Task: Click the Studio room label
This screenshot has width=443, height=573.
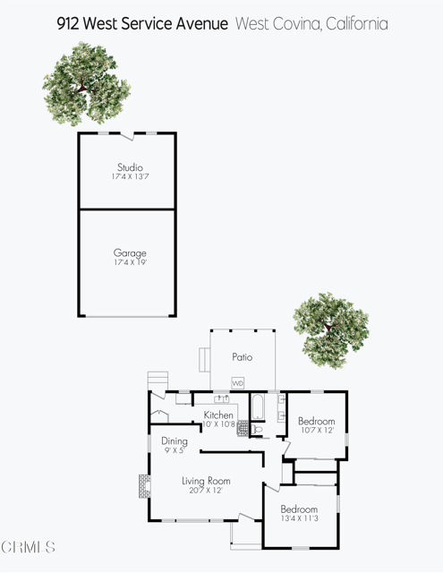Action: tap(130, 167)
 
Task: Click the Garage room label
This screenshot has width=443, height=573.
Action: tap(130, 253)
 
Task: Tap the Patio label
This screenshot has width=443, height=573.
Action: tap(242, 357)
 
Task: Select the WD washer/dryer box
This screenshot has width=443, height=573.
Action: tap(238, 383)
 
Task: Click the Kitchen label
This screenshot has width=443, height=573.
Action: tap(218, 415)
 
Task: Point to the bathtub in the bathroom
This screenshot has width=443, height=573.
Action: tap(257, 408)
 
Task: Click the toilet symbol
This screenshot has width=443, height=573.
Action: tap(257, 430)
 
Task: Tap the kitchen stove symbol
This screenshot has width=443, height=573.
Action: tap(242, 428)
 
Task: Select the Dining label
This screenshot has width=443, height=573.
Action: tap(175, 440)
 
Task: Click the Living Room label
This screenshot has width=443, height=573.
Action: tap(207, 481)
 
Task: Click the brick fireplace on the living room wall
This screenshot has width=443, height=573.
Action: tap(142, 486)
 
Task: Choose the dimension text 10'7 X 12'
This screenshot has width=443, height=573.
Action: tap(316, 432)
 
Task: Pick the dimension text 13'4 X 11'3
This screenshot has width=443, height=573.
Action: tap(298, 519)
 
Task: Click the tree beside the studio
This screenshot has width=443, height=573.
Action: tap(81, 83)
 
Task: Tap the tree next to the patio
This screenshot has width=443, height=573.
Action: tap(331, 329)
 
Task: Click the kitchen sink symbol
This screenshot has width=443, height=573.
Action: tap(219, 398)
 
